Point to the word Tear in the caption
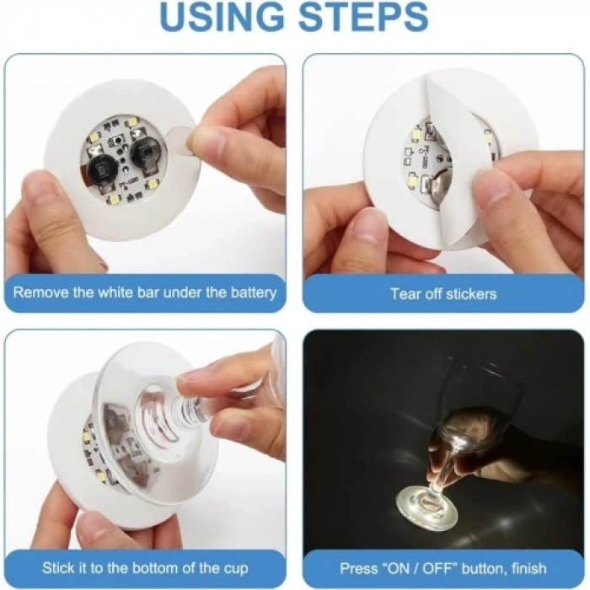click(405, 294)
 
